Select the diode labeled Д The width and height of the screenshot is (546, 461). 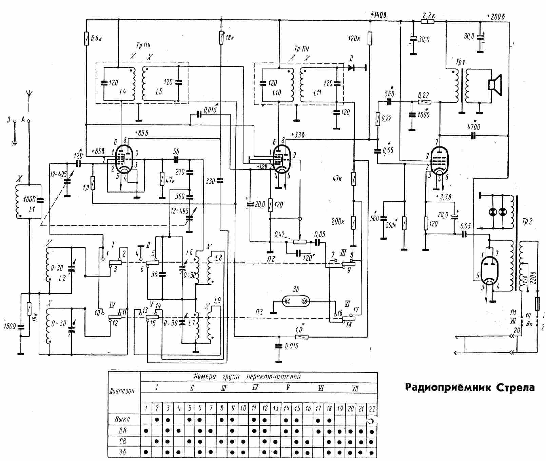coord(351,68)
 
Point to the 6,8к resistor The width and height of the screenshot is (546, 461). coord(86,38)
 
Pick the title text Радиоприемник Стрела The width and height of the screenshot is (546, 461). coord(470,387)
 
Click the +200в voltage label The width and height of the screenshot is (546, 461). coord(495,17)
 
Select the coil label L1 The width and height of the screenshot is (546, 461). coord(32,209)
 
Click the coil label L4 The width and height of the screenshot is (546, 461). coord(123,92)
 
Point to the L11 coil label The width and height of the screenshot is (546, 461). coord(317,92)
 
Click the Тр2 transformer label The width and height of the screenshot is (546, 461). coord(527,222)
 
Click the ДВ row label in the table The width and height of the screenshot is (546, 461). coord(123,431)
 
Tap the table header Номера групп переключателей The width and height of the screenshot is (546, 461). coord(247,377)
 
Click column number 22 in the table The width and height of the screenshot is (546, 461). coord(372,408)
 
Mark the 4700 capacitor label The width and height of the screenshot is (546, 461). coord(473,127)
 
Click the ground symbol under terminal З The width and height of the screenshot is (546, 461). coord(14,142)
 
